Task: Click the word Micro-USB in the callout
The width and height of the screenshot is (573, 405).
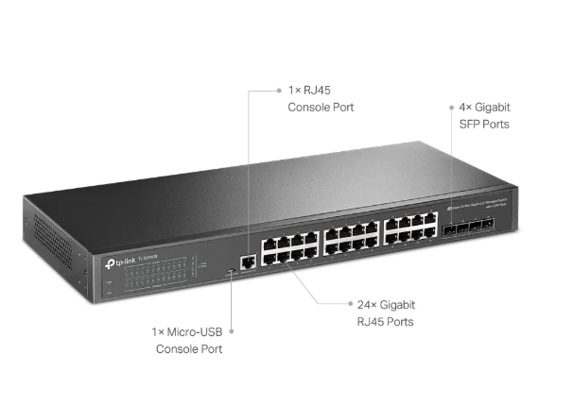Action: [198, 332]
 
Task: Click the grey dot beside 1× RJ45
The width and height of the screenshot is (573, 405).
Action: [278, 91]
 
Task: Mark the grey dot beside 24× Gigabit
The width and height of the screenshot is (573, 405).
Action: [346, 305]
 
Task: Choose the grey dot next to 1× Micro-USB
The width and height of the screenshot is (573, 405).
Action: [232, 332]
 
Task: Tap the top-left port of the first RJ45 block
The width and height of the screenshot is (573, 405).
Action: [269, 242]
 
